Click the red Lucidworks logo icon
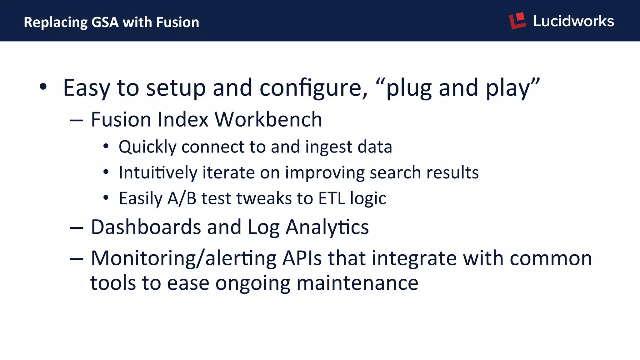[517, 21]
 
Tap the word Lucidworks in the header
[573, 21]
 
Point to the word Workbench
[268, 119]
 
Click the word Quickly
[147, 147]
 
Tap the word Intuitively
[158, 173]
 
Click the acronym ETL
[332, 198]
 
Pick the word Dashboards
[146, 227]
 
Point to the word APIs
[302, 258]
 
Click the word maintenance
[357, 283]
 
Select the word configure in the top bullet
[313, 88]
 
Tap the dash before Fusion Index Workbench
[77, 120]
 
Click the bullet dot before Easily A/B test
[106, 197]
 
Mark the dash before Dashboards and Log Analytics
[77, 228]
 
